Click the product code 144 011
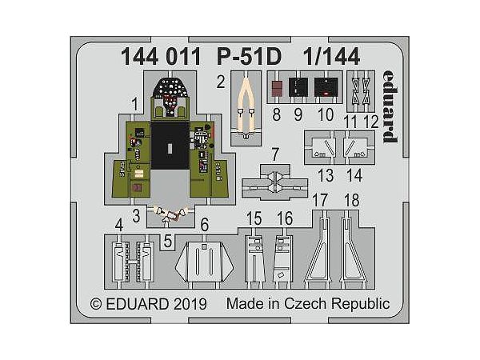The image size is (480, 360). click(x=161, y=57)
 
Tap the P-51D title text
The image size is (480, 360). click(x=249, y=57)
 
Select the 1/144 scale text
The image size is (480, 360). click(x=331, y=57)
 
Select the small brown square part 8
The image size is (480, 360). click(x=277, y=87)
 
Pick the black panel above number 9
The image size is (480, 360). click(x=298, y=87)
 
